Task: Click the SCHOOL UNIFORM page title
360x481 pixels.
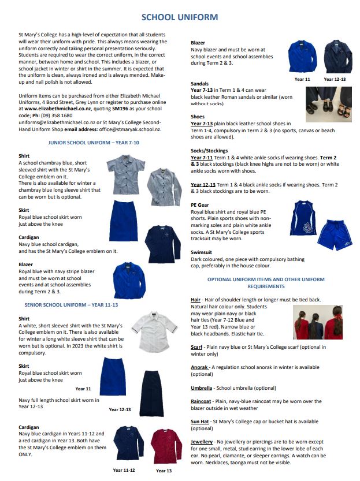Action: [180, 17]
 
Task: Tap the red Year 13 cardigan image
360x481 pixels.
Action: [166, 445]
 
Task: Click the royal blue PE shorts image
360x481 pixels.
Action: [335, 234]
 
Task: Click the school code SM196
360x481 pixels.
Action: [120, 108]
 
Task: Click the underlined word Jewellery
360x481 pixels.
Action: [202, 441]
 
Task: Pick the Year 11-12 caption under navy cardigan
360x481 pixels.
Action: [125, 471]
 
